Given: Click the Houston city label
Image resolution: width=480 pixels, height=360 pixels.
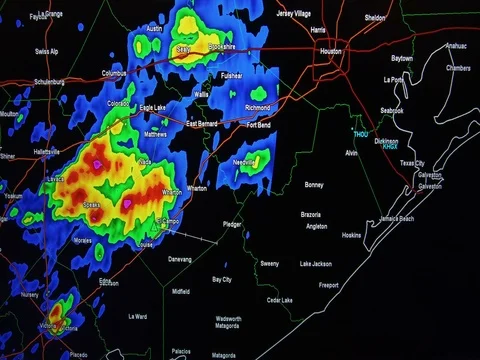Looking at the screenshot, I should tap(331, 49).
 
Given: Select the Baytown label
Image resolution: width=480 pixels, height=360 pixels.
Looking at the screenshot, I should tap(401, 59).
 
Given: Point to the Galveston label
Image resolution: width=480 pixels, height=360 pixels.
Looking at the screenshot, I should tap(430, 186).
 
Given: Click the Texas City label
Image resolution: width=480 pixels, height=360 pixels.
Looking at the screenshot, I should tap(412, 163).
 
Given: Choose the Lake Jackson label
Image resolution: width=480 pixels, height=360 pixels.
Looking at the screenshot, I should tap(315, 264).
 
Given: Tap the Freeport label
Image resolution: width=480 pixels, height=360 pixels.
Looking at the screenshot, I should tap(328, 285).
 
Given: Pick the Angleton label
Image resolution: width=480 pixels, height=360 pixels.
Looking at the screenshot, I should tap(317, 226).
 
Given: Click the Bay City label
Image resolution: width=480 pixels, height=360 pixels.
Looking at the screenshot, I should tap(221, 279).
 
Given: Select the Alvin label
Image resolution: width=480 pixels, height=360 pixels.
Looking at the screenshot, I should tap(351, 153).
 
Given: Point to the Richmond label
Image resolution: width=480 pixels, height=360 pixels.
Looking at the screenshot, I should tap(257, 107).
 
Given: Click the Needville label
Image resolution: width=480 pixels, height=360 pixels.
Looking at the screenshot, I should tap(246, 162).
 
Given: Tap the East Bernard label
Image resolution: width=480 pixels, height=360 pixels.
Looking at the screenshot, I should tap(202, 123).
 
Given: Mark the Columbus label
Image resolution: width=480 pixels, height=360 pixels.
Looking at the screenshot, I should tap(114, 73).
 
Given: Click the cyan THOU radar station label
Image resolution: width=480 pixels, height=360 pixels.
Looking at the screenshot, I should tap(360, 134).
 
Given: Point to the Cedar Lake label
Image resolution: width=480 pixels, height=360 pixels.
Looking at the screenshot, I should tap(280, 300).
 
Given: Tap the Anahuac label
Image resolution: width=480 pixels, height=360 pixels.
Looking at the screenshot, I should tap(455, 46).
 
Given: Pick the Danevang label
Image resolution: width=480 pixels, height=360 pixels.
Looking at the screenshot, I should tap(179, 258).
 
